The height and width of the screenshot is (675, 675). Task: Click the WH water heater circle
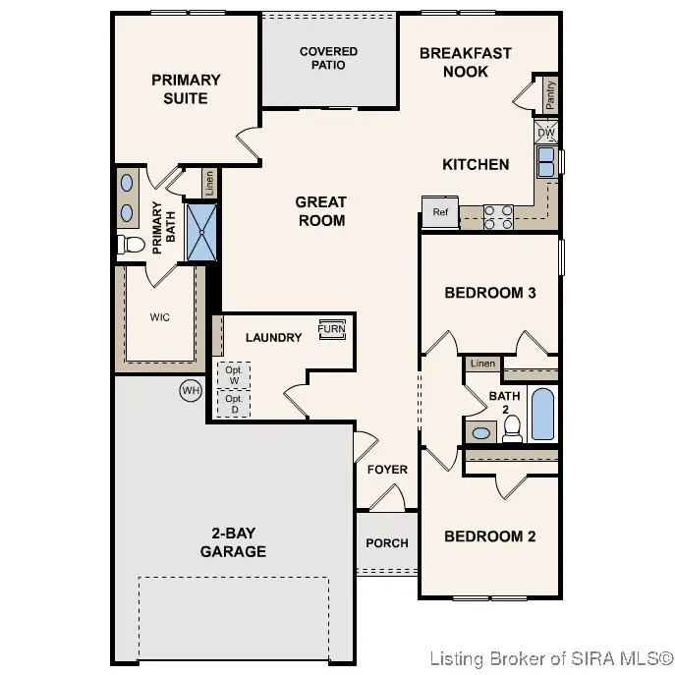pos(190,391)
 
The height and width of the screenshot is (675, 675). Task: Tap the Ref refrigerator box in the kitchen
pos(440,212)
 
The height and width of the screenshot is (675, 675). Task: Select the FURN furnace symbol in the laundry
pos(331,330)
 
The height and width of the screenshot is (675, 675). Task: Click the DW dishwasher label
pos(545,132)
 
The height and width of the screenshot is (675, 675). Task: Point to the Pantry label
pos(550,94)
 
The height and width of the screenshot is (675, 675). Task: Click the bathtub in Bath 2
pos(542,414)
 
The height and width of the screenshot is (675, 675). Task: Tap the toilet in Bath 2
pos(512,427)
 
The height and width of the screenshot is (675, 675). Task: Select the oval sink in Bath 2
pos(481,432)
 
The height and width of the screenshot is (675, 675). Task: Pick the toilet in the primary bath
pos(131,244)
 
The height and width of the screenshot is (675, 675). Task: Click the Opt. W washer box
pos(234,375)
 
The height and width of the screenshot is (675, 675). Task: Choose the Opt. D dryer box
pos(234,405)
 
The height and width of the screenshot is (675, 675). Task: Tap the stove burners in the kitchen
pos(498,216)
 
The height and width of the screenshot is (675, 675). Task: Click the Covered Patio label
pos(328,58)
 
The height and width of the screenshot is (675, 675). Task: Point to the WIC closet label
pos(160,317)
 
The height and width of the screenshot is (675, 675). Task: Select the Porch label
pos(386,542)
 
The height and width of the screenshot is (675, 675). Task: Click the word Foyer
pos(387,470)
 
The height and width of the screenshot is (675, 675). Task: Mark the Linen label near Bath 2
pos(482,364)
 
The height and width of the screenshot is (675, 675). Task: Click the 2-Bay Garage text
pos(233,542)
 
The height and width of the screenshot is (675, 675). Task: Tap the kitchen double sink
pos(545,161)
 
